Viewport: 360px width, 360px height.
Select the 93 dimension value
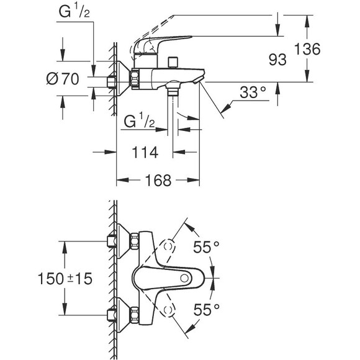click(277, 60)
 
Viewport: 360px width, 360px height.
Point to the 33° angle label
click(252, 93)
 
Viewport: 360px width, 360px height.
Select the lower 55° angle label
click(206, 308)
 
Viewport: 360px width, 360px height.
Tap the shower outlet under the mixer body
click(172, 91)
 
